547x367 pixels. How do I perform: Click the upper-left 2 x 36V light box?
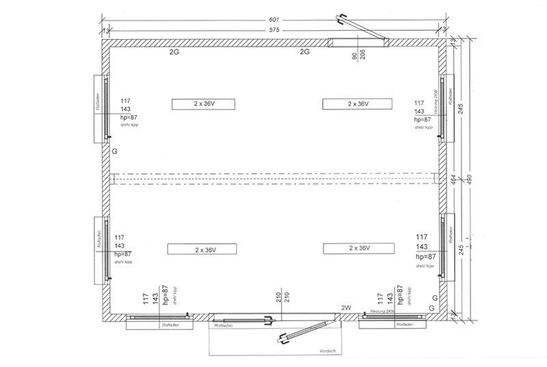pos(204,104)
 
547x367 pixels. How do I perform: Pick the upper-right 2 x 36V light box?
pos(358,104)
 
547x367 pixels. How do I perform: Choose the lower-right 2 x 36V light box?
pos(358,248)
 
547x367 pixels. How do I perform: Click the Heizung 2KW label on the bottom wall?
pos(381,312)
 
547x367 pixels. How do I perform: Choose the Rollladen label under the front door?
pos(224,325)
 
